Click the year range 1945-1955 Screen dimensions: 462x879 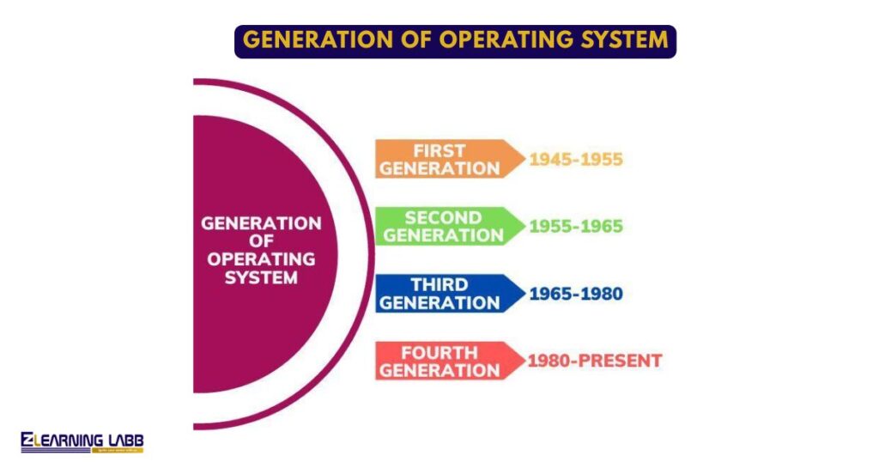tap(575, 160)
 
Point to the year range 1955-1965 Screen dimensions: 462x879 tap(575, 227)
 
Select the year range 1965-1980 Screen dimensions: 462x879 tap(575, 294)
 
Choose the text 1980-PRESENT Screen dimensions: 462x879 tap(594, 361)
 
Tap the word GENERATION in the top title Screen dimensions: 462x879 tap(307, 40)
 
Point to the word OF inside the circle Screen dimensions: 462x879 tap(261, 241)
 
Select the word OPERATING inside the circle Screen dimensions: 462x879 tap(261, 258)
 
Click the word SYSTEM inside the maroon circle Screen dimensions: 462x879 tap(261, 277)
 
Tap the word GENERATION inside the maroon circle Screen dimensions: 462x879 tap(261, 223)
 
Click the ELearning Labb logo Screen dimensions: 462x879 tap(82, 441)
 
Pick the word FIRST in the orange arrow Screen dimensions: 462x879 tap(439, 150)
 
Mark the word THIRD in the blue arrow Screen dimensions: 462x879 tap(439, 284)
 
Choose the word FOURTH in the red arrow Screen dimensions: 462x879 tap(439, 352)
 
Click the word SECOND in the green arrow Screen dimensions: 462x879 tap(442, 217)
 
